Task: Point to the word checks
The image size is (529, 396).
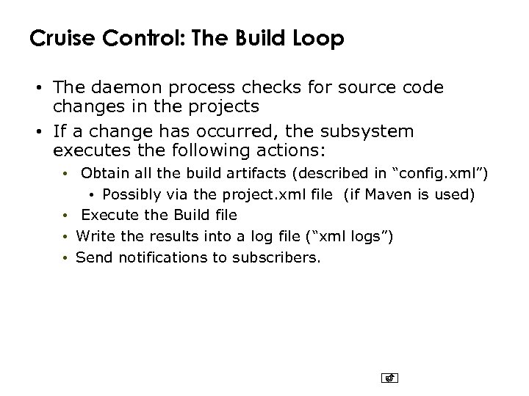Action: point(262,88)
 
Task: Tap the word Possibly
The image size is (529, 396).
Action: point(130,194)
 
